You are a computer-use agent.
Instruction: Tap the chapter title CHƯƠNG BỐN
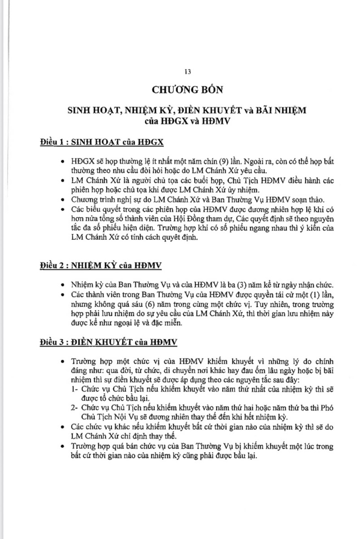[x=188, y=89]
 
